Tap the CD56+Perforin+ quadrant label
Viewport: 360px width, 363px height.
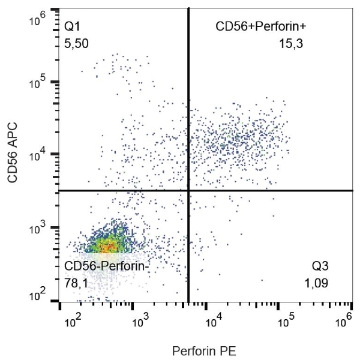(x=261, y=26)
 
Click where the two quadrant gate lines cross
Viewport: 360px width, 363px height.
(x=189, y=191)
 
